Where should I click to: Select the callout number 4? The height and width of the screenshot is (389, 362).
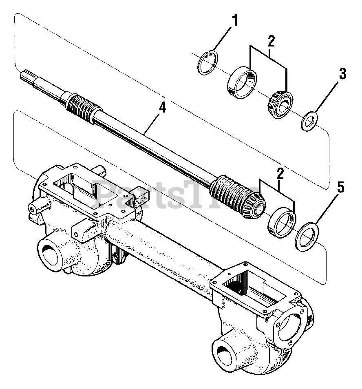[x=162, y=108]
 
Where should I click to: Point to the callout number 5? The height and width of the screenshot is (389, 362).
[x=341, y=188]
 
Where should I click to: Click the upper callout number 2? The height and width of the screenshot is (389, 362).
[x=271, y=41]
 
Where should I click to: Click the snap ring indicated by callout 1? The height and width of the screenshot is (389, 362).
[x=208, y=63]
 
